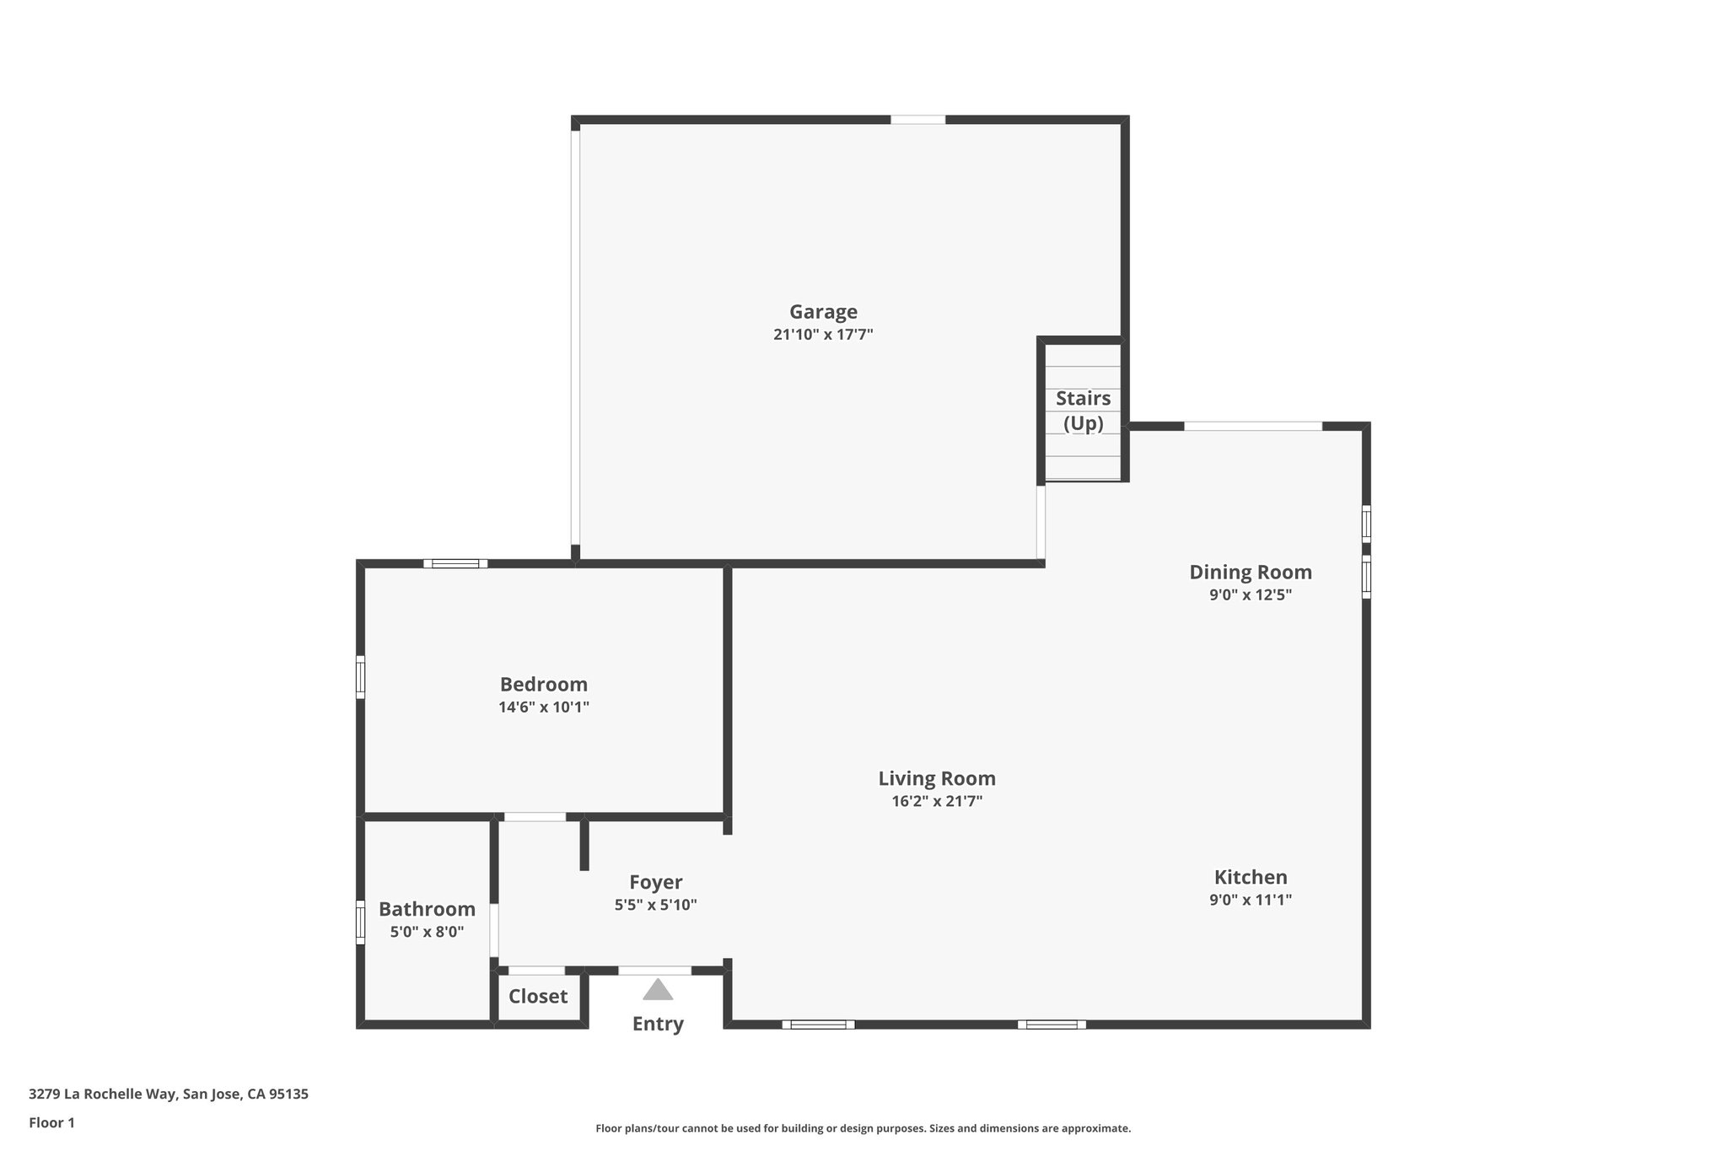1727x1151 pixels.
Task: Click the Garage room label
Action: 823,312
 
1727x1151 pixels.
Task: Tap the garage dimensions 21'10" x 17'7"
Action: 823,335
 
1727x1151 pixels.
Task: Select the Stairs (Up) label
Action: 1083,410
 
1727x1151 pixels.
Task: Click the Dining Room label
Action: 1251,572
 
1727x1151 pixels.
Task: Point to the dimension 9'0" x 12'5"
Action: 1251,594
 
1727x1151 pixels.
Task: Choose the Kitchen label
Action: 1251,877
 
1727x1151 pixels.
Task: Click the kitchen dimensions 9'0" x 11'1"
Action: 1251,900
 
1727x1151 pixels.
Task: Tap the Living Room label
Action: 937,778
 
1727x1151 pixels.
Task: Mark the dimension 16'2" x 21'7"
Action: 937,801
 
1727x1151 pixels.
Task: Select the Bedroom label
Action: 544,684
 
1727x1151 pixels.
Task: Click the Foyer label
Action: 655,882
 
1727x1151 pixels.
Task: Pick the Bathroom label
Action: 427,909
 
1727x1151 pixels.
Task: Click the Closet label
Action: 538,996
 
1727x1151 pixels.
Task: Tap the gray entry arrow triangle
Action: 658,990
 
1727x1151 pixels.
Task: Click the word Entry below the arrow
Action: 658,1024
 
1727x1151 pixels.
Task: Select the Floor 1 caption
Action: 51,1122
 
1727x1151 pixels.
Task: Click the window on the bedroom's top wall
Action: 455,563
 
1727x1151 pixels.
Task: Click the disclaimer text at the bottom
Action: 863,1128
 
